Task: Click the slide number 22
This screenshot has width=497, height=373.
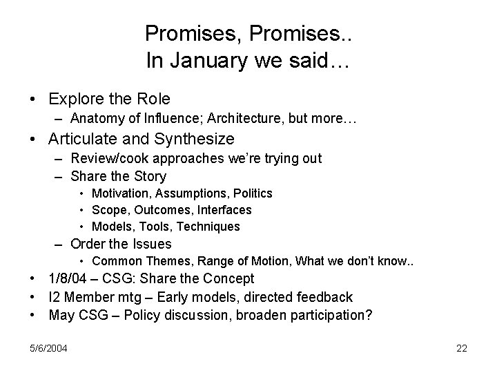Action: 462,348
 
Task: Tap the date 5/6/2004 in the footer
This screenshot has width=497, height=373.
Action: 48,348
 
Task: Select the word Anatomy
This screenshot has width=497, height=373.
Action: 95,119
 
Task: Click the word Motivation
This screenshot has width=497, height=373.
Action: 117,193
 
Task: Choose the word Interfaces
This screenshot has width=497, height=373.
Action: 224,209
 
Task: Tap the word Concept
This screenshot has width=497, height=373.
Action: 230,279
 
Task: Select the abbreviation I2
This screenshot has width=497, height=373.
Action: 55,297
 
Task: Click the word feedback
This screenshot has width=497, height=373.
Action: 324,297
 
